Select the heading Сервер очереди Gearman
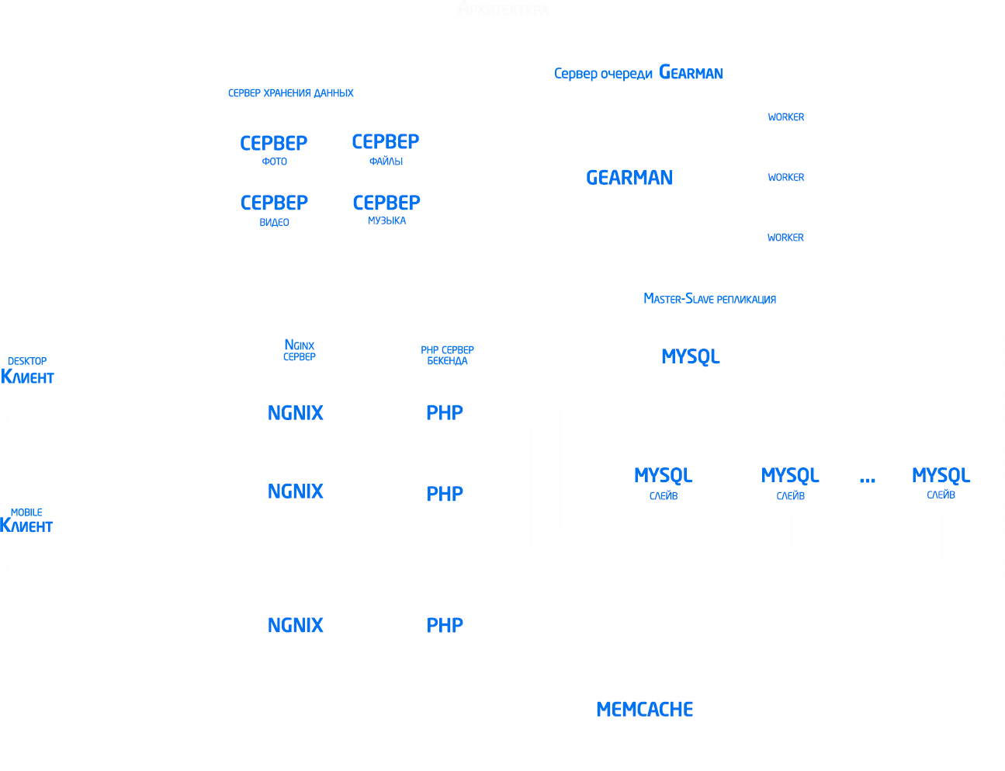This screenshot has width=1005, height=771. coord(638,73)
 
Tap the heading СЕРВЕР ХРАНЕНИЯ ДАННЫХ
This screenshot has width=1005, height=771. coord(291,93)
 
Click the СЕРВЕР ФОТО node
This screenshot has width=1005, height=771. coord(274,150)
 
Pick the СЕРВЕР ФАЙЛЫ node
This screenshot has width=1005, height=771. coord(386,148)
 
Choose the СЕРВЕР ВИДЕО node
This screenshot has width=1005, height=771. coord(274,210)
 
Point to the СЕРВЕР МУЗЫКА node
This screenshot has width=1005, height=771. coord(386,209)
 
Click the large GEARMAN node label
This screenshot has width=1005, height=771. coord(629,178)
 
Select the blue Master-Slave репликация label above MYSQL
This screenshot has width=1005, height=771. coord(709,299)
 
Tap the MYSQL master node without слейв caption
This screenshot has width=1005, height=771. coord(691,356)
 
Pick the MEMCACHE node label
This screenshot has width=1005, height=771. coord(644,709)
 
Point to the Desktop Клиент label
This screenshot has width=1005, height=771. coord(27,371)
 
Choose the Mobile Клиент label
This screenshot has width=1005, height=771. coord(26,521)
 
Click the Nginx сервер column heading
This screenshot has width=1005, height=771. coord(300,350)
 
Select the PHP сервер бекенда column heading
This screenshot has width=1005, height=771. coord(447,356)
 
